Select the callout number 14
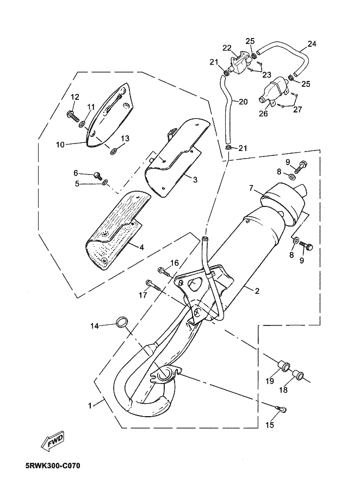(x=95, y=325)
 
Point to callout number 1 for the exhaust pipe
(x=90, y=405)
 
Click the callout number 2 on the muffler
(x=257, y=291)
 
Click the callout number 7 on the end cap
(x=252, y=189)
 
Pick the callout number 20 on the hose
(x=243, y=101)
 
